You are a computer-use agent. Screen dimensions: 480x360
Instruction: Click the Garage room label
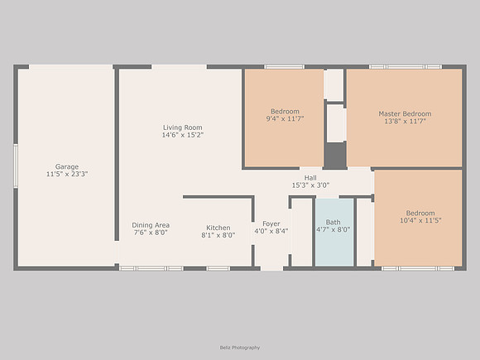click(67, 166)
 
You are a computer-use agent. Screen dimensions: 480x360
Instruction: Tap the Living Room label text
click(182, 127)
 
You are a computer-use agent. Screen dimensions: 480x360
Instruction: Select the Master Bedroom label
click(405, 113)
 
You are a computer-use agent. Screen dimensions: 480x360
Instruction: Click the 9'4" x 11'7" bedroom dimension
click(285, 119)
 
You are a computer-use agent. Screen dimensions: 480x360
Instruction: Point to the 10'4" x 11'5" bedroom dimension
click(420, 220)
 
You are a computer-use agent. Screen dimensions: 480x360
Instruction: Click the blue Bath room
click(334, 233)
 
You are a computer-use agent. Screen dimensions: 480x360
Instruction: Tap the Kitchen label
click(218, 228)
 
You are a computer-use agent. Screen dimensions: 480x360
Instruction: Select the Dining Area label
click(151, 225)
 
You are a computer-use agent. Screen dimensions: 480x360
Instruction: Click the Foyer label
click(271, 223)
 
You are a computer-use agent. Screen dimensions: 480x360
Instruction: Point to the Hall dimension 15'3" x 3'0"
click(310, 185)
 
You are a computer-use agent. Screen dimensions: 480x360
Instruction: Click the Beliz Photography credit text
click(240, 348)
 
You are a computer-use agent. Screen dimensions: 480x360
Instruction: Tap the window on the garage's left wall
click(15, 166)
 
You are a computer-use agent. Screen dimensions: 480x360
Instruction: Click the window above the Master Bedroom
click(406, 67)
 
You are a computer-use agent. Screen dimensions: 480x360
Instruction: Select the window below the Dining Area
click(151, 268)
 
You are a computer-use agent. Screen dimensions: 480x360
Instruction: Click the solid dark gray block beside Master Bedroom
click(335, 156)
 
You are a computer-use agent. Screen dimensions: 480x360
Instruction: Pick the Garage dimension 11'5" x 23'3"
click(67, 174)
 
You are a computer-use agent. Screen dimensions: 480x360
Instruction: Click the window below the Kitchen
click(218, 268)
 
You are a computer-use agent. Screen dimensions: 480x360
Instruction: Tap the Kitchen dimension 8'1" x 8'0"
click(218, 235)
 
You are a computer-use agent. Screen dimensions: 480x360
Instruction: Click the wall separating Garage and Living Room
click(117, 155)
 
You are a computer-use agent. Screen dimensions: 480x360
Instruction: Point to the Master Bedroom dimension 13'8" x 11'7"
click(405, 121)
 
